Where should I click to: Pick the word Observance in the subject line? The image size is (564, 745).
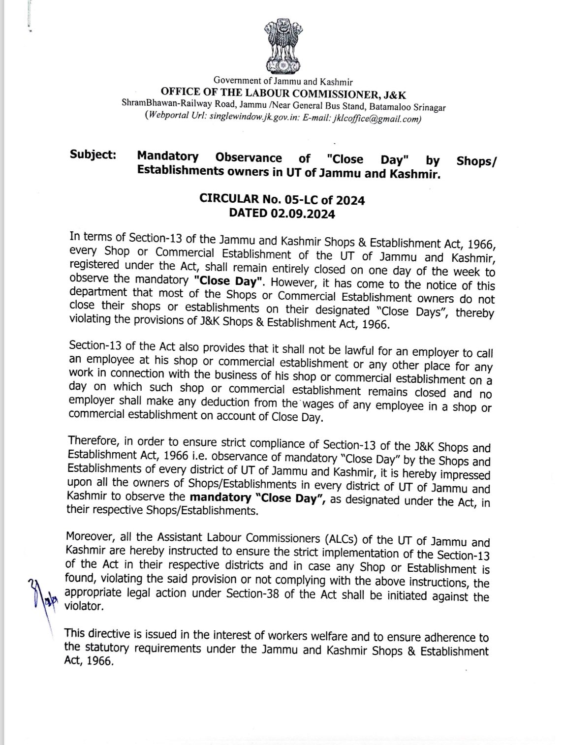[249, 158]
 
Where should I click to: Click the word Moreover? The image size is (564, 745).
[91, 536]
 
